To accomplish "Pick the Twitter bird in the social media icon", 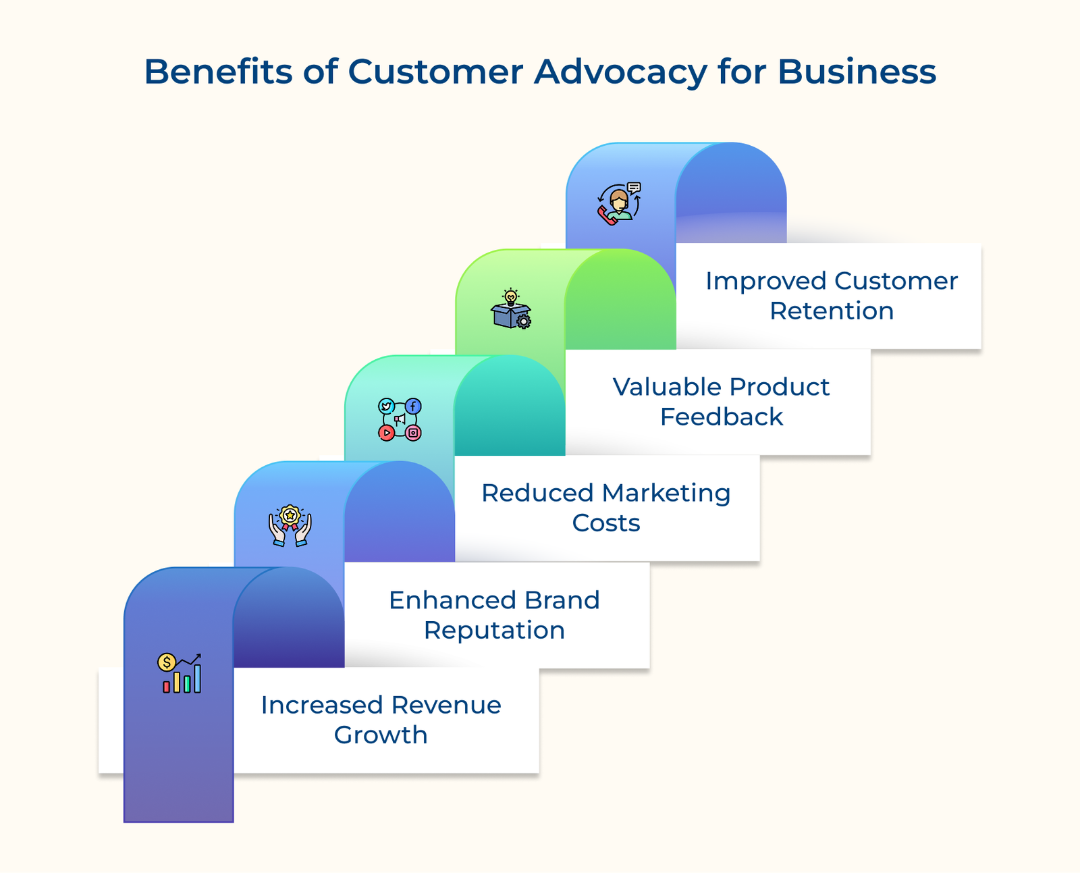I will coord(386,406).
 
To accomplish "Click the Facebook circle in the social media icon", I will coord(413,406).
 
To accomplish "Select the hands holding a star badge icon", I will coord(290,525).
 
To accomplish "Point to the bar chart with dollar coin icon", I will coord(180,673).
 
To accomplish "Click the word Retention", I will coord(831,311).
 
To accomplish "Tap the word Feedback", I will coord(721,417).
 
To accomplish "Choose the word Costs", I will coord(605,523).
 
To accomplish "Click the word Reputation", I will coord(494,630).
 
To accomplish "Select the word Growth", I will coord(381,735).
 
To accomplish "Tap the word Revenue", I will coord(446,705).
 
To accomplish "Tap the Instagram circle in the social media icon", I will coord(413,433).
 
